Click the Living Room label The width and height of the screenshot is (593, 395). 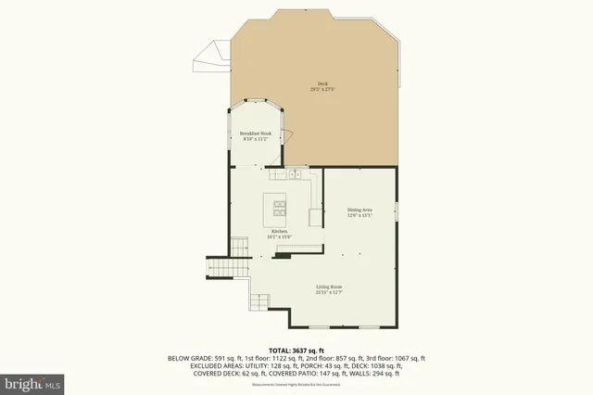pos(330,287)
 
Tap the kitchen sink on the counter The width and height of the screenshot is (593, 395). pos(295,172)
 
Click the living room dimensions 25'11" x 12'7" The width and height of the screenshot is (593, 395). pos(330,293)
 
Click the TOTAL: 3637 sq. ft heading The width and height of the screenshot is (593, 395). pos(296,350)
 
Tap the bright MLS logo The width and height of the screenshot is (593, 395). pos(32,382)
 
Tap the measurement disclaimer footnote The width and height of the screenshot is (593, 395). pos(296,386)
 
